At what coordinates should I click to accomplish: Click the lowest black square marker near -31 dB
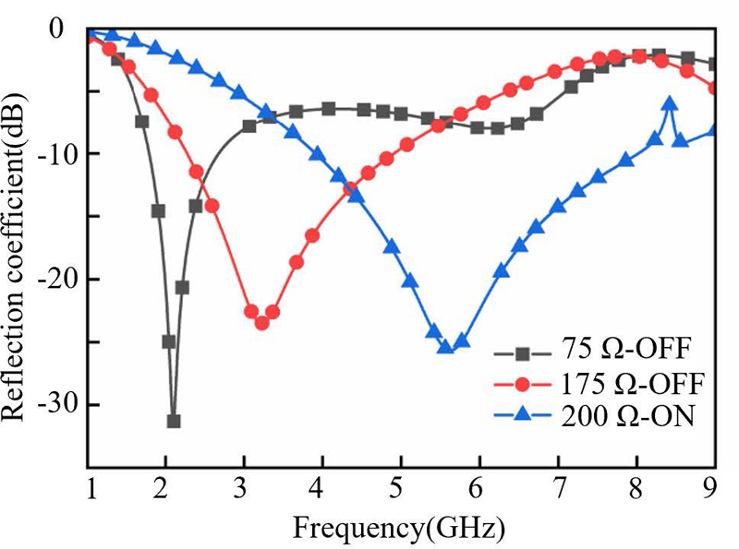[174, 422]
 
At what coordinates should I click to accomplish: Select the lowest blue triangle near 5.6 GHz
[445, 347]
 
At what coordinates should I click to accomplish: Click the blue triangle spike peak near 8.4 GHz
[670, 103]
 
